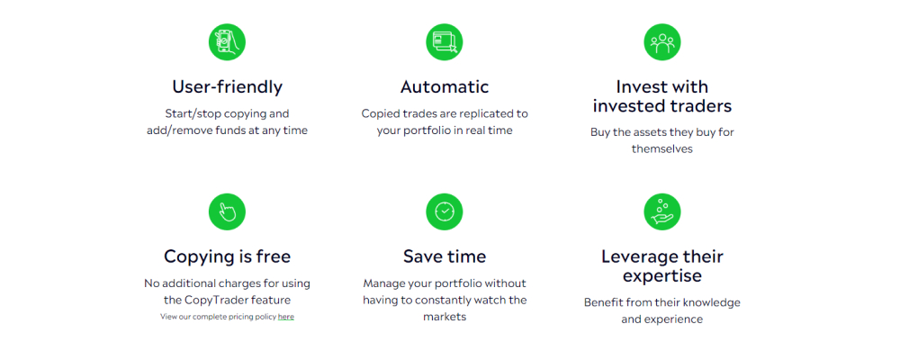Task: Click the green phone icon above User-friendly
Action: [x=227, y=42]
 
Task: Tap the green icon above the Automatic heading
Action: [x=445, y=42]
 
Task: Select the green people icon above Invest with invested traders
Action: [x=662, y=42]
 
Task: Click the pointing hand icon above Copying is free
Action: [x=227, y=211]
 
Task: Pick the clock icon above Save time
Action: [x=445, y=211]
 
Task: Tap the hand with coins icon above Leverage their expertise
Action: [x=662, y=211]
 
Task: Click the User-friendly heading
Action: [x=228, y=86]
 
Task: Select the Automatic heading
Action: [x=445, y=86]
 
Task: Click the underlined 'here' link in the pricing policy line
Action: [x=286, y=317]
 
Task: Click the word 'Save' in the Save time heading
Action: [x=422, y=256]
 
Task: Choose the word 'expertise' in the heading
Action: [x=662, y=276]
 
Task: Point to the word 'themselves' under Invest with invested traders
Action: [x=662, y=148]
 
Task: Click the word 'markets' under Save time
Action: [x=445, y=317]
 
